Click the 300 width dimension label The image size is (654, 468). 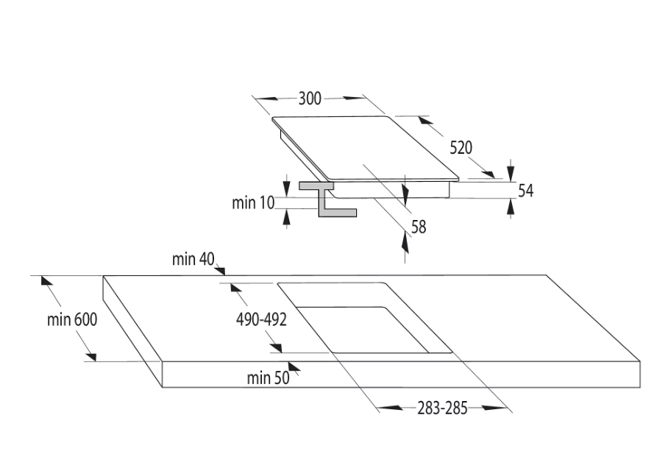click(310, 99)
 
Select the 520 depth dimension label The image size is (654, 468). click(461, 147)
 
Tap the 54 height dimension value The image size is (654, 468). click(525, 191)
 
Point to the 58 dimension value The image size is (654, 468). click(419, 227)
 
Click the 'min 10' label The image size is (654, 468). click(253, 202)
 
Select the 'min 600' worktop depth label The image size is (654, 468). click(72, 319)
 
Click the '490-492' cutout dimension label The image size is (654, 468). click(261, 319)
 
